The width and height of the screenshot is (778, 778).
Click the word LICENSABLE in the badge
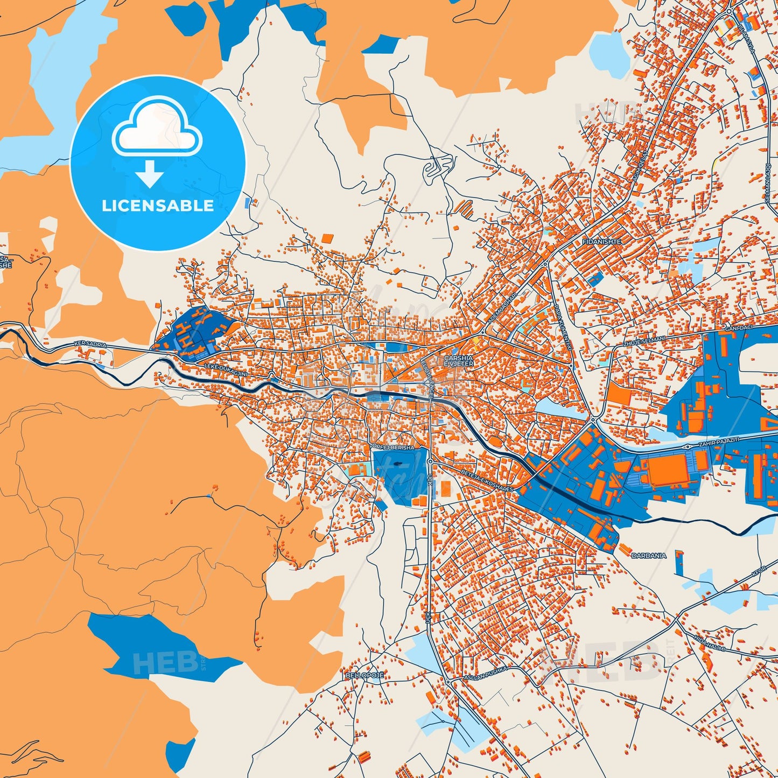(x=158, y=206)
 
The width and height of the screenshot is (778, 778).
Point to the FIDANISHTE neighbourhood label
(x=601, y=242)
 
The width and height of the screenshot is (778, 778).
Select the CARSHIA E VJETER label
(x=459, y=361)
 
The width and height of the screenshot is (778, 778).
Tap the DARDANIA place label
(x=648, y=555)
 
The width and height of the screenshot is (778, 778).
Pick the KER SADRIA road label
(x=90, y=344)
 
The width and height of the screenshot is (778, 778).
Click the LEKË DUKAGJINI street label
(x=226, y=370)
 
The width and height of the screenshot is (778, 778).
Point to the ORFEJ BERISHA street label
(x=394, y=447)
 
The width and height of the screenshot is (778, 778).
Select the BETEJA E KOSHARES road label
(x=487, y=479)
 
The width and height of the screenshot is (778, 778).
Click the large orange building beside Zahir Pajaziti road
(x=668, y=470)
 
